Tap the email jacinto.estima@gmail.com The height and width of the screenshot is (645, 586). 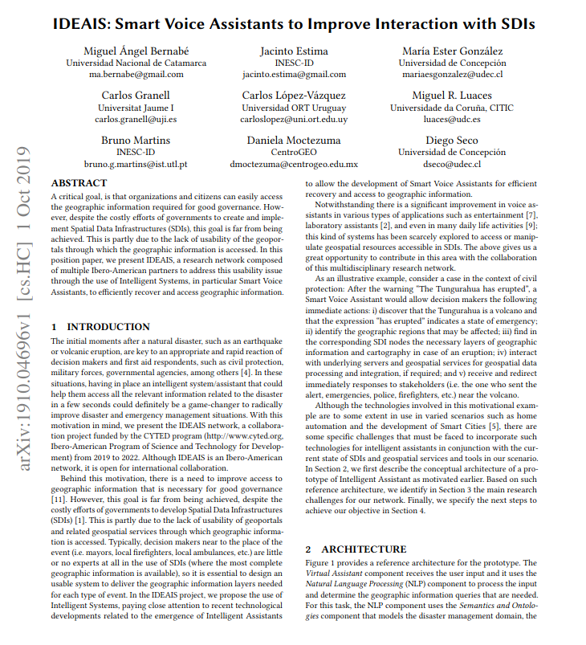(x=294, y=74)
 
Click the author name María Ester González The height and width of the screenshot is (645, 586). (x=452, y=51)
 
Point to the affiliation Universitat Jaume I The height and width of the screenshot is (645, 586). (x=136, y=108)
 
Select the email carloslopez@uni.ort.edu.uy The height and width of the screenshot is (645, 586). (x=294, y=119)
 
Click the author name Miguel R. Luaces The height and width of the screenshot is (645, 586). (x=452, y=96)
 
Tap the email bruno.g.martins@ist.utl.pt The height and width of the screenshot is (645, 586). (x=136, y=164)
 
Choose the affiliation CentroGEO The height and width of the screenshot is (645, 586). (x=294, y=153)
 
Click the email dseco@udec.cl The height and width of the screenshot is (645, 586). (x=452, y=164)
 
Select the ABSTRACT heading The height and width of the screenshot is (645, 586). (x=79, y=184)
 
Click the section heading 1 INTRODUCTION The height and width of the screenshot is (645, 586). (x=100, y=327)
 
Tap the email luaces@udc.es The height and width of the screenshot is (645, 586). (x=452, y=119)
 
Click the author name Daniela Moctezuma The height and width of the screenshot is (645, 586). (x=294, y=141)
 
